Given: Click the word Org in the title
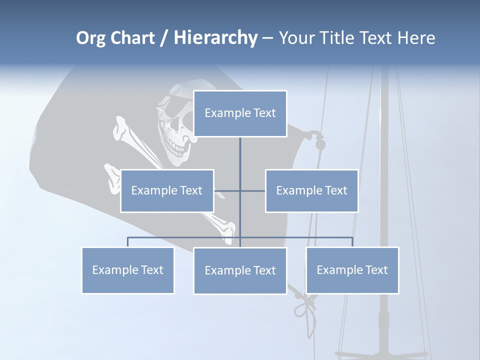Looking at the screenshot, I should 90,38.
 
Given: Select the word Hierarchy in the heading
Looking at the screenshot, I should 215,38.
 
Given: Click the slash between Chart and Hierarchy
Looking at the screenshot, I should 164,38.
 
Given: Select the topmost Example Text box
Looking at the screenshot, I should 240,113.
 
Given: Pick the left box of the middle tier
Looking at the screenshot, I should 167,190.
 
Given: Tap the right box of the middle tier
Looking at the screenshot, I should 311,190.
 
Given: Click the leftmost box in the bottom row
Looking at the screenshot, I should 127,270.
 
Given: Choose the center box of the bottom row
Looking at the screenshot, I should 240,270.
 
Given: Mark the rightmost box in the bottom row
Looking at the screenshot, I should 352,270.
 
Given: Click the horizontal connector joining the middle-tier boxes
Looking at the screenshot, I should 252,190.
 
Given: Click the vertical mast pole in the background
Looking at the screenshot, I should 384,200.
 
